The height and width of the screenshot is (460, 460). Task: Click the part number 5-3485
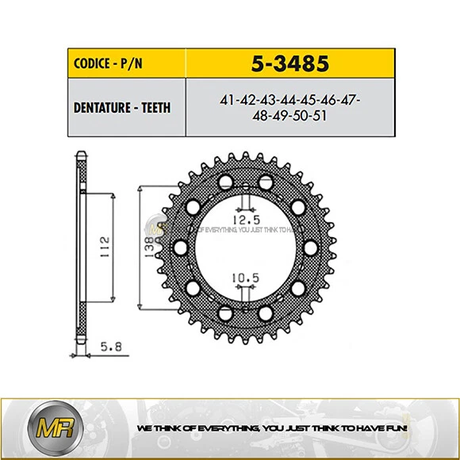[x=289, y=62]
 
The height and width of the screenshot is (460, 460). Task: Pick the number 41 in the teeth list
[x=227, y=100]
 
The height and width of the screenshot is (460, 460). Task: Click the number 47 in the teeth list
[x=346, y=100]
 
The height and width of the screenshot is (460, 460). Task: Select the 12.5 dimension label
[x=245, y=217]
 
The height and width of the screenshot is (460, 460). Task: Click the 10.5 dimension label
[x=245, y=278]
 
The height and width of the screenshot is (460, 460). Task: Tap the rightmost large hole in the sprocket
[x=310, y=246]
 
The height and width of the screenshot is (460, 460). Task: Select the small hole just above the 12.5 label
[x=245, y=197]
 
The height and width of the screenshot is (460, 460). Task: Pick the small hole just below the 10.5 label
[x=245, y=296]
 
